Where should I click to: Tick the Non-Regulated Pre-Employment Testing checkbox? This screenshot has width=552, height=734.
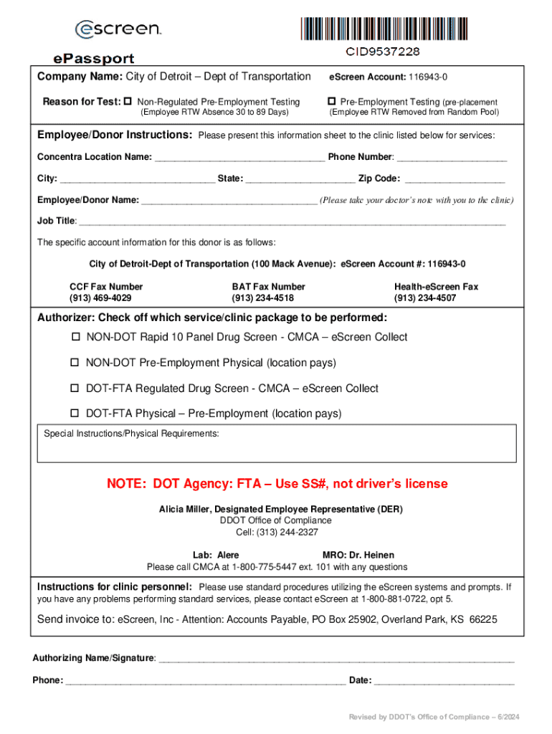click(x=129, y=102)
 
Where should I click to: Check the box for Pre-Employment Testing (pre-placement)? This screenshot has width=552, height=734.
click(x=332, y=102)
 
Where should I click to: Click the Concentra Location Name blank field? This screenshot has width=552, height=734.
click(x=239, y=157)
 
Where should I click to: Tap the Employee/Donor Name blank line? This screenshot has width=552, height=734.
click(x=229, y=200)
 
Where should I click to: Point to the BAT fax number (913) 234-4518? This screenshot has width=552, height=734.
click(x=262, y=297)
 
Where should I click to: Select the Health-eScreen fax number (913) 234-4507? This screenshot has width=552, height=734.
click(x=424, y=297)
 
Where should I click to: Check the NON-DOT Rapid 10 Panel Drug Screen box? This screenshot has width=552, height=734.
click(x=75, y=337)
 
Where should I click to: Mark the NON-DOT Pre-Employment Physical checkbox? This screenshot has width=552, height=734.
click(x=75, y=363)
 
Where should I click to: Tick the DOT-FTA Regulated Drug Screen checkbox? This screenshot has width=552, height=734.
click(x=75, y=389)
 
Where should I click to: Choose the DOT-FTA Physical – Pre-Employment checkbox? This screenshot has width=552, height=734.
click(x=75, y=414)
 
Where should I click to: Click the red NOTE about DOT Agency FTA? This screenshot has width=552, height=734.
click(x=277, y=484)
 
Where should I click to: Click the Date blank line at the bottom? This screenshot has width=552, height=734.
click(x=444, y=680)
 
